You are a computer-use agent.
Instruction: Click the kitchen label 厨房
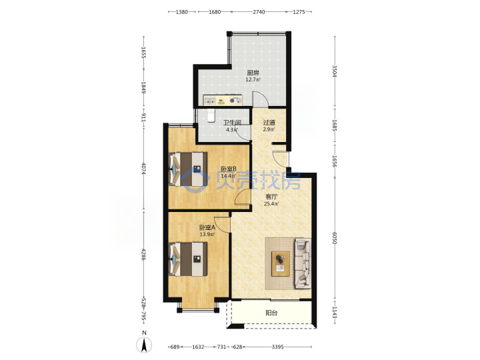click(253, 73)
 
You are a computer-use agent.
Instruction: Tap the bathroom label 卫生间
click(232, 123)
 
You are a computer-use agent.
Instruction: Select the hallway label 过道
click(269, 123)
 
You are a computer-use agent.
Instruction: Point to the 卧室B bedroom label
click(229, 169)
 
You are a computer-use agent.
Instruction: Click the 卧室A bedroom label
click(207, 228)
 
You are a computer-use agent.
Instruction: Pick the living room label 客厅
click(271, 197)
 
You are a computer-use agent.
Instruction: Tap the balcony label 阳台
click(271, 313)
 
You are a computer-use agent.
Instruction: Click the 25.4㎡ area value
click(271, 203)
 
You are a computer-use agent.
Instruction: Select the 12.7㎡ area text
click(253, 79)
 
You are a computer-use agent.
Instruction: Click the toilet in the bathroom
click(211, 116)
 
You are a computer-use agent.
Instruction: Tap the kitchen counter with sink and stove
click(223, 100)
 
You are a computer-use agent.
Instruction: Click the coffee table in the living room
click(281, 263)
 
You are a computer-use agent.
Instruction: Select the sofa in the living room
click(303, 263)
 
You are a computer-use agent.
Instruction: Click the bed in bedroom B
click(187, 169)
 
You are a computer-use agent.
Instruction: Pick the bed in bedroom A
click(187, 259)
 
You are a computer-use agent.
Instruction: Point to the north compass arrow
click(144, 345)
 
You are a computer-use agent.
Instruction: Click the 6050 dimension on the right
click(334, 237)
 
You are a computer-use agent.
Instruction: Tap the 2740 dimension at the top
click(259, 12)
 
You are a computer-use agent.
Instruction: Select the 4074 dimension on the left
click(143, 168)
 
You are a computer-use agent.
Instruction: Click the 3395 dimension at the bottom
click(277, 347)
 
